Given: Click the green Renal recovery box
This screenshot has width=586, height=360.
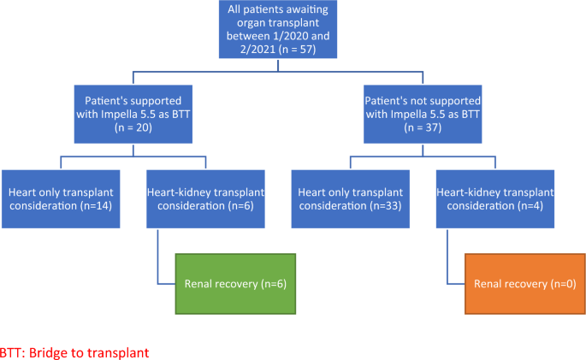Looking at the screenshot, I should point(235,283).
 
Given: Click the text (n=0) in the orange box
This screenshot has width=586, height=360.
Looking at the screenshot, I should point(564,283).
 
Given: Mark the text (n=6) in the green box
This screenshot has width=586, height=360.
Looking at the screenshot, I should point(274,283).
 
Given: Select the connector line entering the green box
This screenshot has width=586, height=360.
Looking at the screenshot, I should point(168,283).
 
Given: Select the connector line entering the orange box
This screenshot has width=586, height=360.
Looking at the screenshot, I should point(457,283).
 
